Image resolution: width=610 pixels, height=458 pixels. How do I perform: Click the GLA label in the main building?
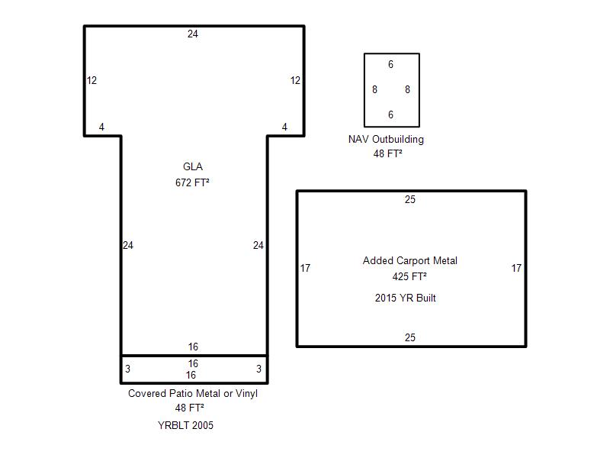(x=193, y=166)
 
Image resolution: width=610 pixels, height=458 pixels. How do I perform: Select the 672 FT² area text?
(x=192, y=182)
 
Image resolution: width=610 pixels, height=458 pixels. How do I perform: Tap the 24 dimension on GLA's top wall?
(x=193, y=34)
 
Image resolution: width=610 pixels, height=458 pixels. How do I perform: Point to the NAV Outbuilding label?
(x=386, y=139)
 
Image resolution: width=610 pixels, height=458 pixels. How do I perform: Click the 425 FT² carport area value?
(x=409, y=276)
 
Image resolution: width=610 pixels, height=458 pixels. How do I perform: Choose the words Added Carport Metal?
(x=410, y=260)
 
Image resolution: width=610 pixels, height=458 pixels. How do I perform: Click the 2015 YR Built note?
(x=406, y=298)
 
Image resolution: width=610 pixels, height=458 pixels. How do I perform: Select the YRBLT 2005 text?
(x=185, y=425)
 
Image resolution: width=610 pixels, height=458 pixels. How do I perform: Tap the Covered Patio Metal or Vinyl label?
(x=193, y=393)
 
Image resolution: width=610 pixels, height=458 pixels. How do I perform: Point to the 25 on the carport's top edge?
(x=410, y=199)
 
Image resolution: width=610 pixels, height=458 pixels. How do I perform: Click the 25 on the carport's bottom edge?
(x=410, y=337)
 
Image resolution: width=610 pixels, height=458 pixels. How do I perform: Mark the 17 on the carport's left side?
(x=306, y=269)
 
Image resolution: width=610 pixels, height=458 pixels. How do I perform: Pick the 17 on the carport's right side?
(x=516, y=269)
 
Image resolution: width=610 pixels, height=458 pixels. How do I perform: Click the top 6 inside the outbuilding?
(x=390, y=64)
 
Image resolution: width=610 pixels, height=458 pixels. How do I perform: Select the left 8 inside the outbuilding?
(x=374, y=89)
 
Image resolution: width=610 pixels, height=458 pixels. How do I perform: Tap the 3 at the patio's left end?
(x=127, y=369)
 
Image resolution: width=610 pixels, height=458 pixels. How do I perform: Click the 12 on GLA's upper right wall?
(x=295, y=81)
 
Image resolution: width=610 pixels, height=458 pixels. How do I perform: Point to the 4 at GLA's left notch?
(x=101, y=127)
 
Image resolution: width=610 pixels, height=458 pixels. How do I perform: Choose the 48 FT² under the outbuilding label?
(x=387, y=153)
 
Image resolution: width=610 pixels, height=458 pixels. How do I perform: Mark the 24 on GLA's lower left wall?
(x=128, y=245)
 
